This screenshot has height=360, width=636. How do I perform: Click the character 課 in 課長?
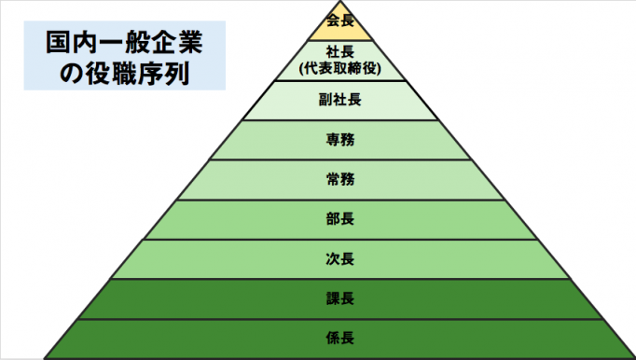point(331,298)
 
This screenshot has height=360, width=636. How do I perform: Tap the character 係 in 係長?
point(331,338)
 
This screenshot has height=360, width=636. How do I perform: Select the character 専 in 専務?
point(331,140)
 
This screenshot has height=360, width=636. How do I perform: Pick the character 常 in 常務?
point(331,179)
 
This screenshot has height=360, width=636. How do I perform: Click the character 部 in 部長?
point(331,219)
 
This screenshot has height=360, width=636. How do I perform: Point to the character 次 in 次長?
point(331,258)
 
